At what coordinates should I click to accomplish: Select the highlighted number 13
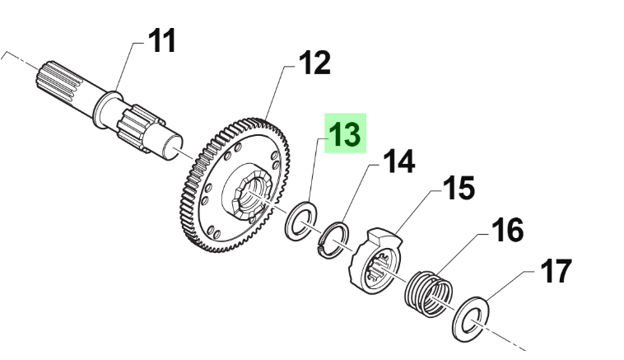coord(345,134)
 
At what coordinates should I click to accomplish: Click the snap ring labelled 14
coord(333,239)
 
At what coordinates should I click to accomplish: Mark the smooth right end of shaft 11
coord(176,147)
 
